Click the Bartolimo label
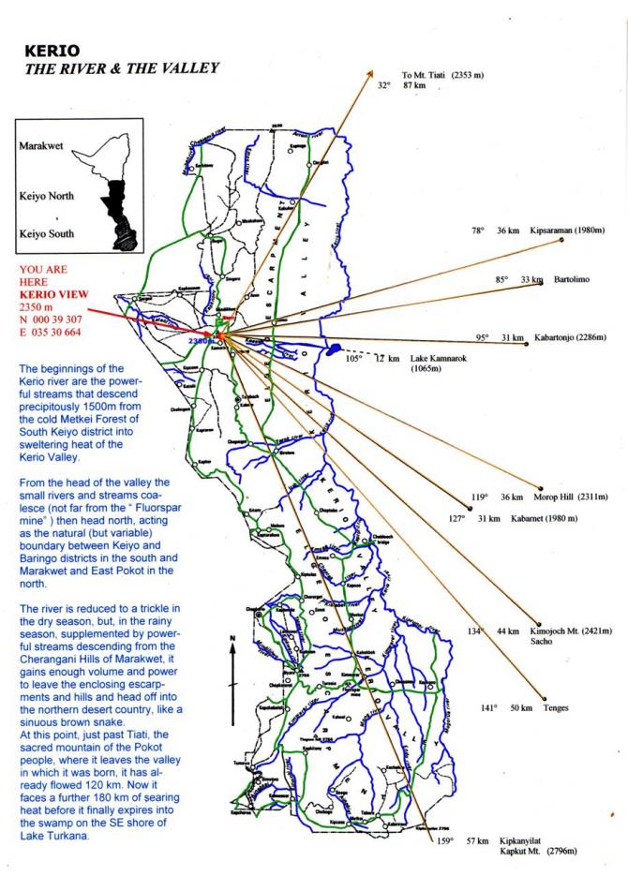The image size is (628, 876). click(x=572, y=280)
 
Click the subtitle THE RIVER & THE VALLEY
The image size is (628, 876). click(x=121, y=67)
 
